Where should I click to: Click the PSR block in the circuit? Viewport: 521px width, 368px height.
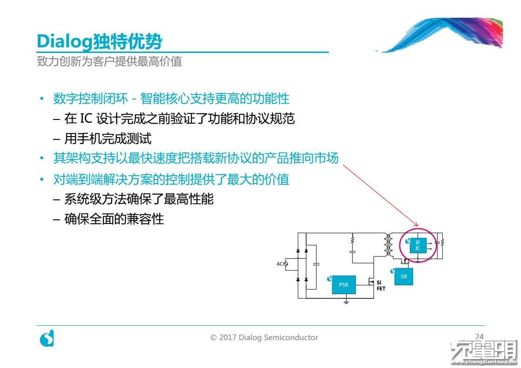point(344,285)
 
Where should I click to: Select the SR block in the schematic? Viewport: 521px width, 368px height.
point(404,276)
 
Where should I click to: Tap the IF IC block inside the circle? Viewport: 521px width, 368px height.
point(418,245)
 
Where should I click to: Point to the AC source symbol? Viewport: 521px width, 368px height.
point(286,264)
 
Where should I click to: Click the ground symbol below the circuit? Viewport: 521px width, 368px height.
point(346,302)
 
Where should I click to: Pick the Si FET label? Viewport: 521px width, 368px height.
point(381,285)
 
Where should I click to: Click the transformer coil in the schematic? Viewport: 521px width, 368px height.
point(387,245)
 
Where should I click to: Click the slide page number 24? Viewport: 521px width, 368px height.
point(480,337)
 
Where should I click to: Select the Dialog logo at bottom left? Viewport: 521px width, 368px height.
point(47,338)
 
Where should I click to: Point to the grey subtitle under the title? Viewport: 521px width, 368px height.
point(109,61)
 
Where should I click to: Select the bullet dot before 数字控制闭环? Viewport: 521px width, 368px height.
point(42,99)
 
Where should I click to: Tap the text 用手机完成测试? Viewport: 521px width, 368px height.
point(108,138)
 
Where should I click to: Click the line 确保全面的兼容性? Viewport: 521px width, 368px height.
point(114,218)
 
